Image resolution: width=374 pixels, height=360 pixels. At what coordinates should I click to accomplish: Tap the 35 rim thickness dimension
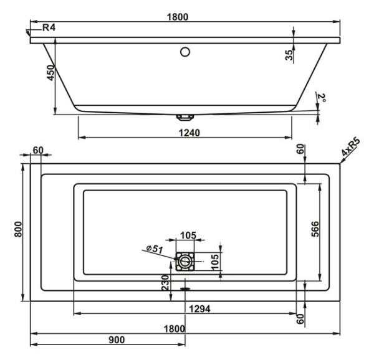289,54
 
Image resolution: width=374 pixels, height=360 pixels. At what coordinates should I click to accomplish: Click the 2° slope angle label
321,99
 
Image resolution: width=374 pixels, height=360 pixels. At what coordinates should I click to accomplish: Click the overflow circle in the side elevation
185,52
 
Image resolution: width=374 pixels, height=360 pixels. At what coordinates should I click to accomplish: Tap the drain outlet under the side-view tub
185,116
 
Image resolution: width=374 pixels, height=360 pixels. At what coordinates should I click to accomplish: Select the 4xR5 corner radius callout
350,150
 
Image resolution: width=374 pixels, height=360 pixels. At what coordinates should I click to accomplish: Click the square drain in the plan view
185,262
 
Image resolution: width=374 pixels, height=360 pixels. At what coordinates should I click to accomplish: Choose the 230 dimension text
164,283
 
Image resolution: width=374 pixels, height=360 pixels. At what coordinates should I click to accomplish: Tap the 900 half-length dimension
116,339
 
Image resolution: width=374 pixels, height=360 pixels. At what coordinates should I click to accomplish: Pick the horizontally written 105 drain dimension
187,235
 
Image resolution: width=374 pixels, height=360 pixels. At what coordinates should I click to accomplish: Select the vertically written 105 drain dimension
214,260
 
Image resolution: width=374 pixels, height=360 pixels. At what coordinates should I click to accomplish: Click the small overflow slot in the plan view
185,288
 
